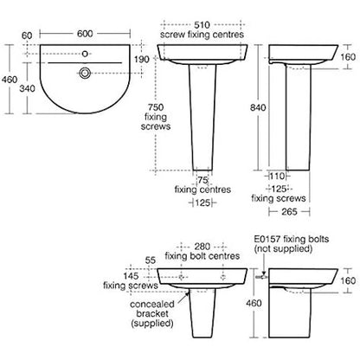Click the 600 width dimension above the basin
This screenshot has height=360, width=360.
(85, 34)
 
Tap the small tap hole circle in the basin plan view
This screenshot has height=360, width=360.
(85, 54)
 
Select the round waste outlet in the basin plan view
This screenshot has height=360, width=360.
(85, 73)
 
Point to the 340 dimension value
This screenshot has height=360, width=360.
(28, 88)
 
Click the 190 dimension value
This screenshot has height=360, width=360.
(142, 59)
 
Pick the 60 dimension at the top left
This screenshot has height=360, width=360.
(27, 35)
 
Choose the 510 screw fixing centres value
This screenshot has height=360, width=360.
(202, 25)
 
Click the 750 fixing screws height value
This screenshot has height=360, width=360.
(156, 107)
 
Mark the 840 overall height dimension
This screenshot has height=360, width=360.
(258, 107)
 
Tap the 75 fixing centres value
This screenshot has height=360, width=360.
(202, 180)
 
